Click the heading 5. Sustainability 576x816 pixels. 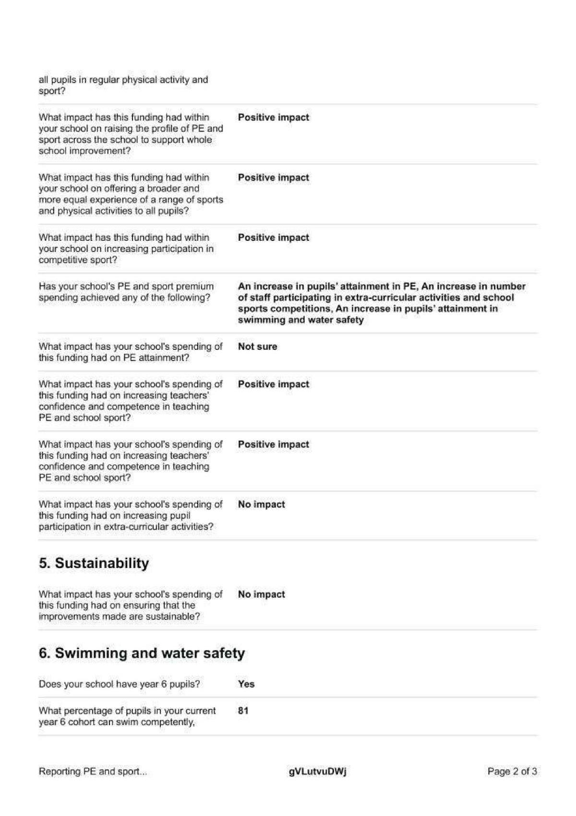(x=94, y=563)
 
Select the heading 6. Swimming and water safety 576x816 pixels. (x=142, y=653)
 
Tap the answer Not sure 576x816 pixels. (x=257, y=346)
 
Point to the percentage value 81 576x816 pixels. (x=243, y=710)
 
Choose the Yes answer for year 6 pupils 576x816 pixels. (x=246, y=684)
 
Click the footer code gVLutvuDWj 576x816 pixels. (x=318, y=771)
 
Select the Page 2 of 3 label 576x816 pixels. (x=512, y=771)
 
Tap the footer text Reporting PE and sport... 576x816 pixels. (x=93, y=771)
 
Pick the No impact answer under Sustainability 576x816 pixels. (x=261, y=594)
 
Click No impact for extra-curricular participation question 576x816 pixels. (x=261, y=505)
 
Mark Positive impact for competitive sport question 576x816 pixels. (x=274, y=237)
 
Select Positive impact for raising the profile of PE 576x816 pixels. (x=274, y=117)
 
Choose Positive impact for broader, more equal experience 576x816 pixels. (x=274, y=177)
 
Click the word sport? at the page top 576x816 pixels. (x=52, y=91)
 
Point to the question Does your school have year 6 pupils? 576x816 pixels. (x=120, y=684)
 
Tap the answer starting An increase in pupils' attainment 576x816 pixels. (x=382, y=303)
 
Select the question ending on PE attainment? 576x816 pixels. (x=131, y=352)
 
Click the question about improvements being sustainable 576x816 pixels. (x=131, y=606)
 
